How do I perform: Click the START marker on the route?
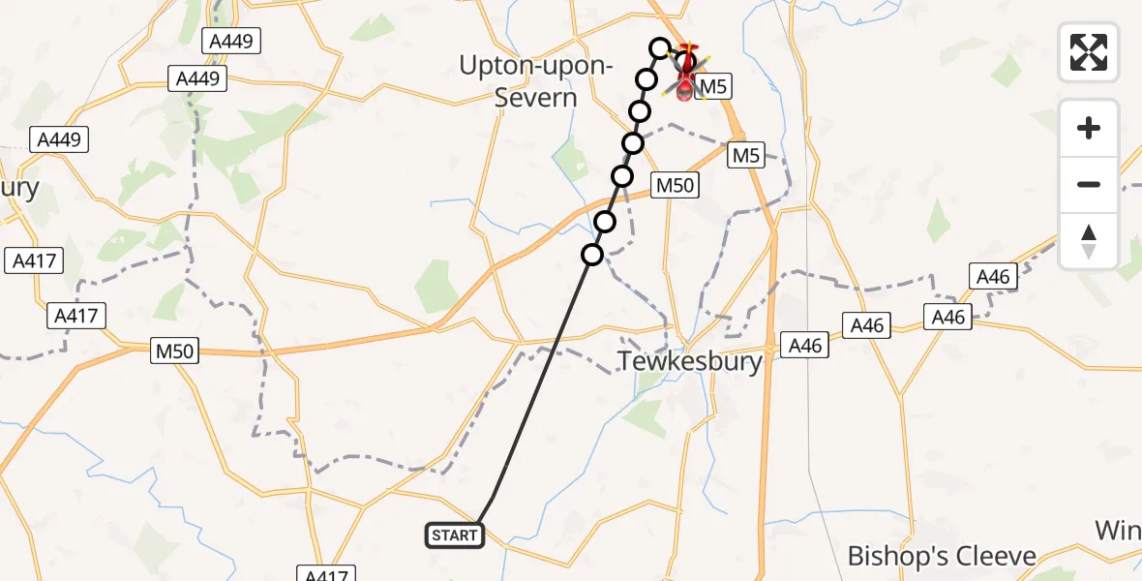coord(454,535)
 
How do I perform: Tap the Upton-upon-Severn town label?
coord(535,82)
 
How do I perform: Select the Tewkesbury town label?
coord(690,362)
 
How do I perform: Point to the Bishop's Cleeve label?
coord(941,556)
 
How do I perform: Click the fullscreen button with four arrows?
coord(1089,51)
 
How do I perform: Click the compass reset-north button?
coord(1089,241)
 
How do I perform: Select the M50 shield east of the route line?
coord(675,185)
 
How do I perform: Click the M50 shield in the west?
coord(175,352)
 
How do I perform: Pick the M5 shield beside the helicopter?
coord(713,87)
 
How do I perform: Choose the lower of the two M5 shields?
coord(747,154)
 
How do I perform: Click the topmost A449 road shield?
coord(230,41)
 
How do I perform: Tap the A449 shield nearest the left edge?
coord(59,139)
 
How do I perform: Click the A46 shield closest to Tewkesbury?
coord(805,345)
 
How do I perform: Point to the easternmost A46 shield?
coord(993,277)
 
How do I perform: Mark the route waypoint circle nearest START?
coord(592,255)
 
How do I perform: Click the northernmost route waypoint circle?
coord(660,47)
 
